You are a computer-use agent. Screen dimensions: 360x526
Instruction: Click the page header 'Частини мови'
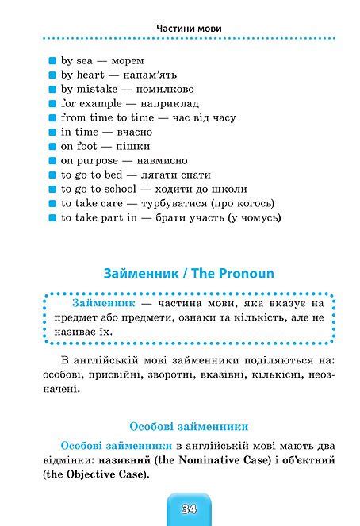click(x=188, y=29)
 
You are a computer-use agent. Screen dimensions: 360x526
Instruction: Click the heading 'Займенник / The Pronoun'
click(x=189, y=273)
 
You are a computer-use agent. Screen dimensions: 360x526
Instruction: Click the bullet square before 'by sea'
click(x=52, y=60)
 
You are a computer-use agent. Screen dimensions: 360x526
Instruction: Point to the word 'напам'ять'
click(x=159, y=75)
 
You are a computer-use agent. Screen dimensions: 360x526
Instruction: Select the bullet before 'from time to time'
click(x=52, y=117)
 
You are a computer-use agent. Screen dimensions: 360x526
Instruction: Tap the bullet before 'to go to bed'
click(x=52, y=175)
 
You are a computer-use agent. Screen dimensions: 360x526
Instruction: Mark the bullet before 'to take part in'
click(x=52, y=217)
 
